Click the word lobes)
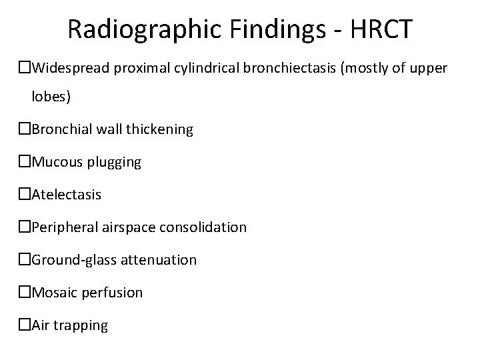[x=51, y=97]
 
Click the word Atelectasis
[x=67, y=195]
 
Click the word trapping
[x=83, y=325]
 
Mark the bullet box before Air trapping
[x=25, y=325]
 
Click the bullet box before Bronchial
[x=25, y=129]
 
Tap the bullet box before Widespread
[x=25, y=68]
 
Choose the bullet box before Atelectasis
[x=25, y=195]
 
